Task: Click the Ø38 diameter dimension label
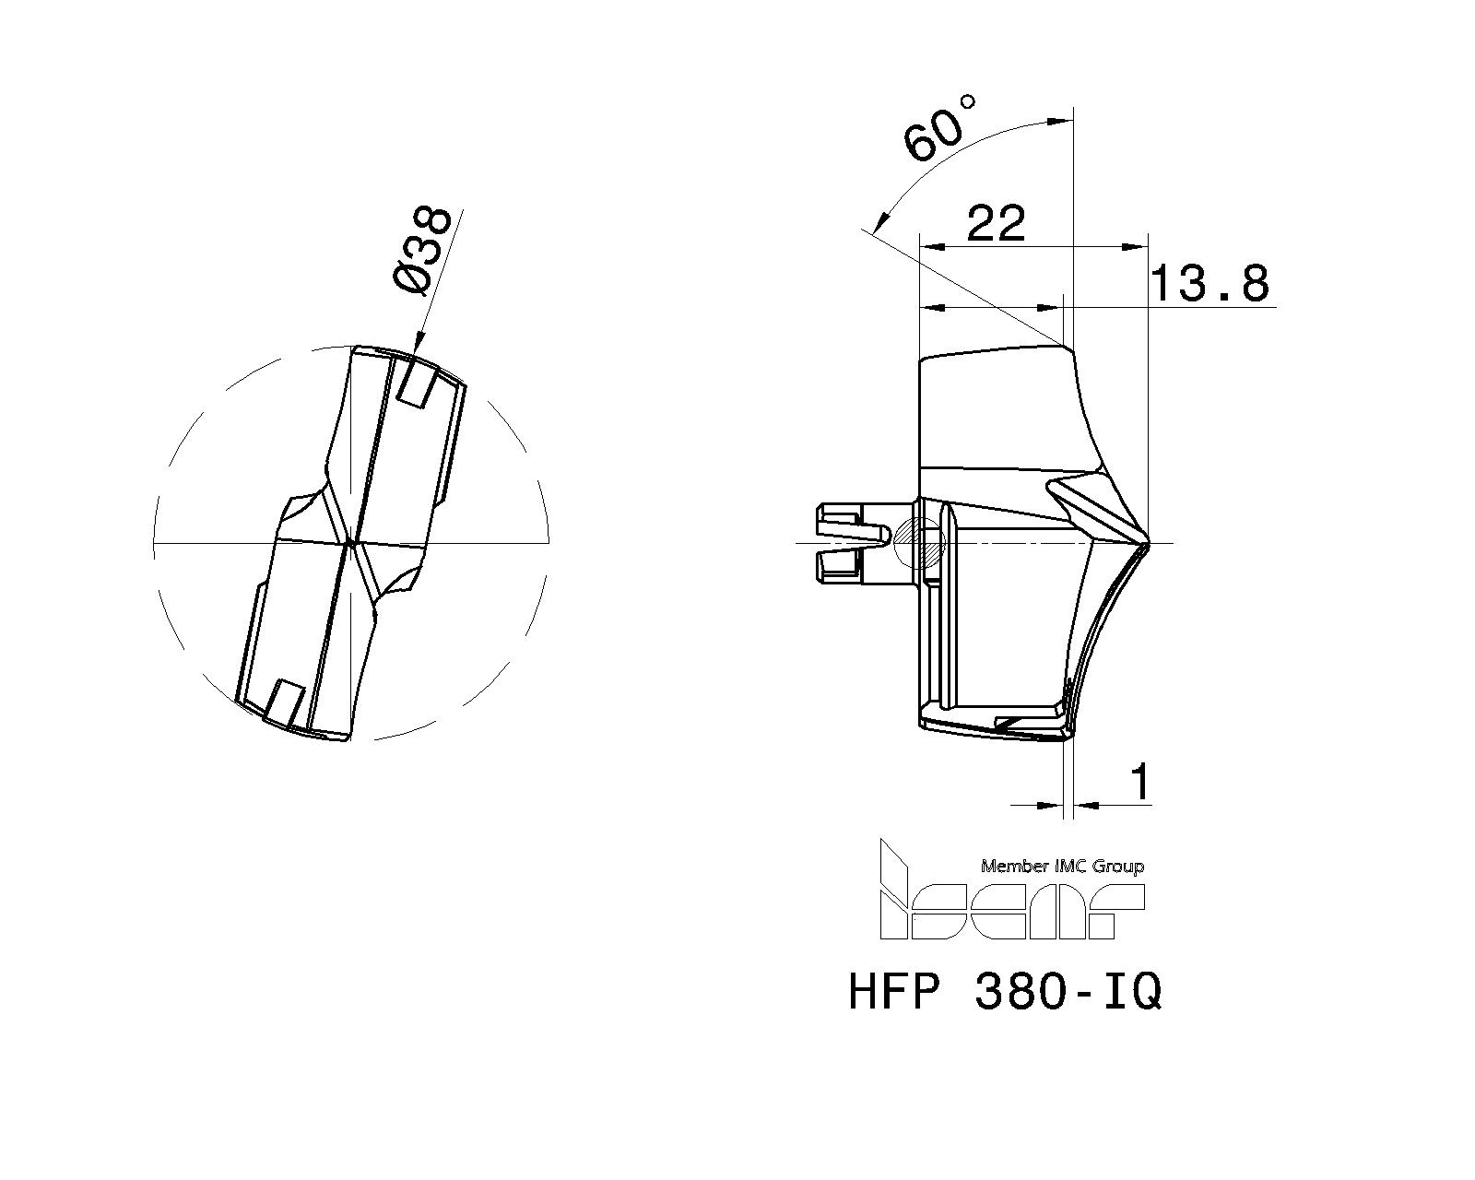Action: (x=422, y=251)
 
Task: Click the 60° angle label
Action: (x=940, y=129)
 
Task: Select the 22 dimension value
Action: (x=996, y=224)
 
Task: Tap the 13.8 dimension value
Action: (x=1210, y=284)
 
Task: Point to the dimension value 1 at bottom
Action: (x=1141, y=783)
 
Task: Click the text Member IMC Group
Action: (x=1062, y=866)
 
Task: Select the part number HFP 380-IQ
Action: (x=1005, y=993)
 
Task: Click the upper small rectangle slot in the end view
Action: (x=419, y=383)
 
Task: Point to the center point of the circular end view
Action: (x=350, y=544)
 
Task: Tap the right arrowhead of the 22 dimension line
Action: (x=1139, y=247)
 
